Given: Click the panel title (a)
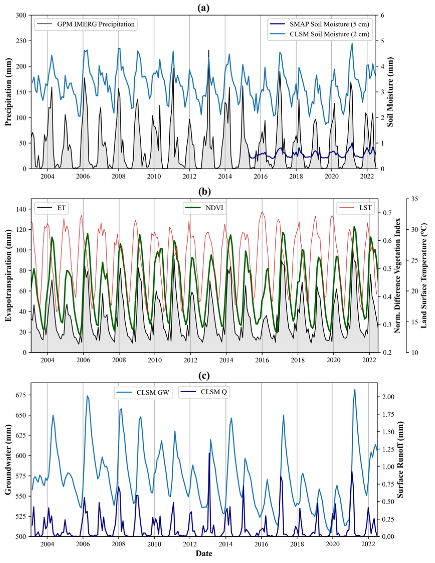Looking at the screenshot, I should click(x=203, y=8).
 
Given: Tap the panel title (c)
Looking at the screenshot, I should click(x=203, y=376).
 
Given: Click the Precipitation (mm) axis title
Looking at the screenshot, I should click(x=9, y=92).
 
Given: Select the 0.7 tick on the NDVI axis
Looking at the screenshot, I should click(x=387, y=213).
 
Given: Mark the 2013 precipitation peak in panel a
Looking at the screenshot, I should click(x=209, y=50).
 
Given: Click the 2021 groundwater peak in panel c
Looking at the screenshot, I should click(x=355, y=390).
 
